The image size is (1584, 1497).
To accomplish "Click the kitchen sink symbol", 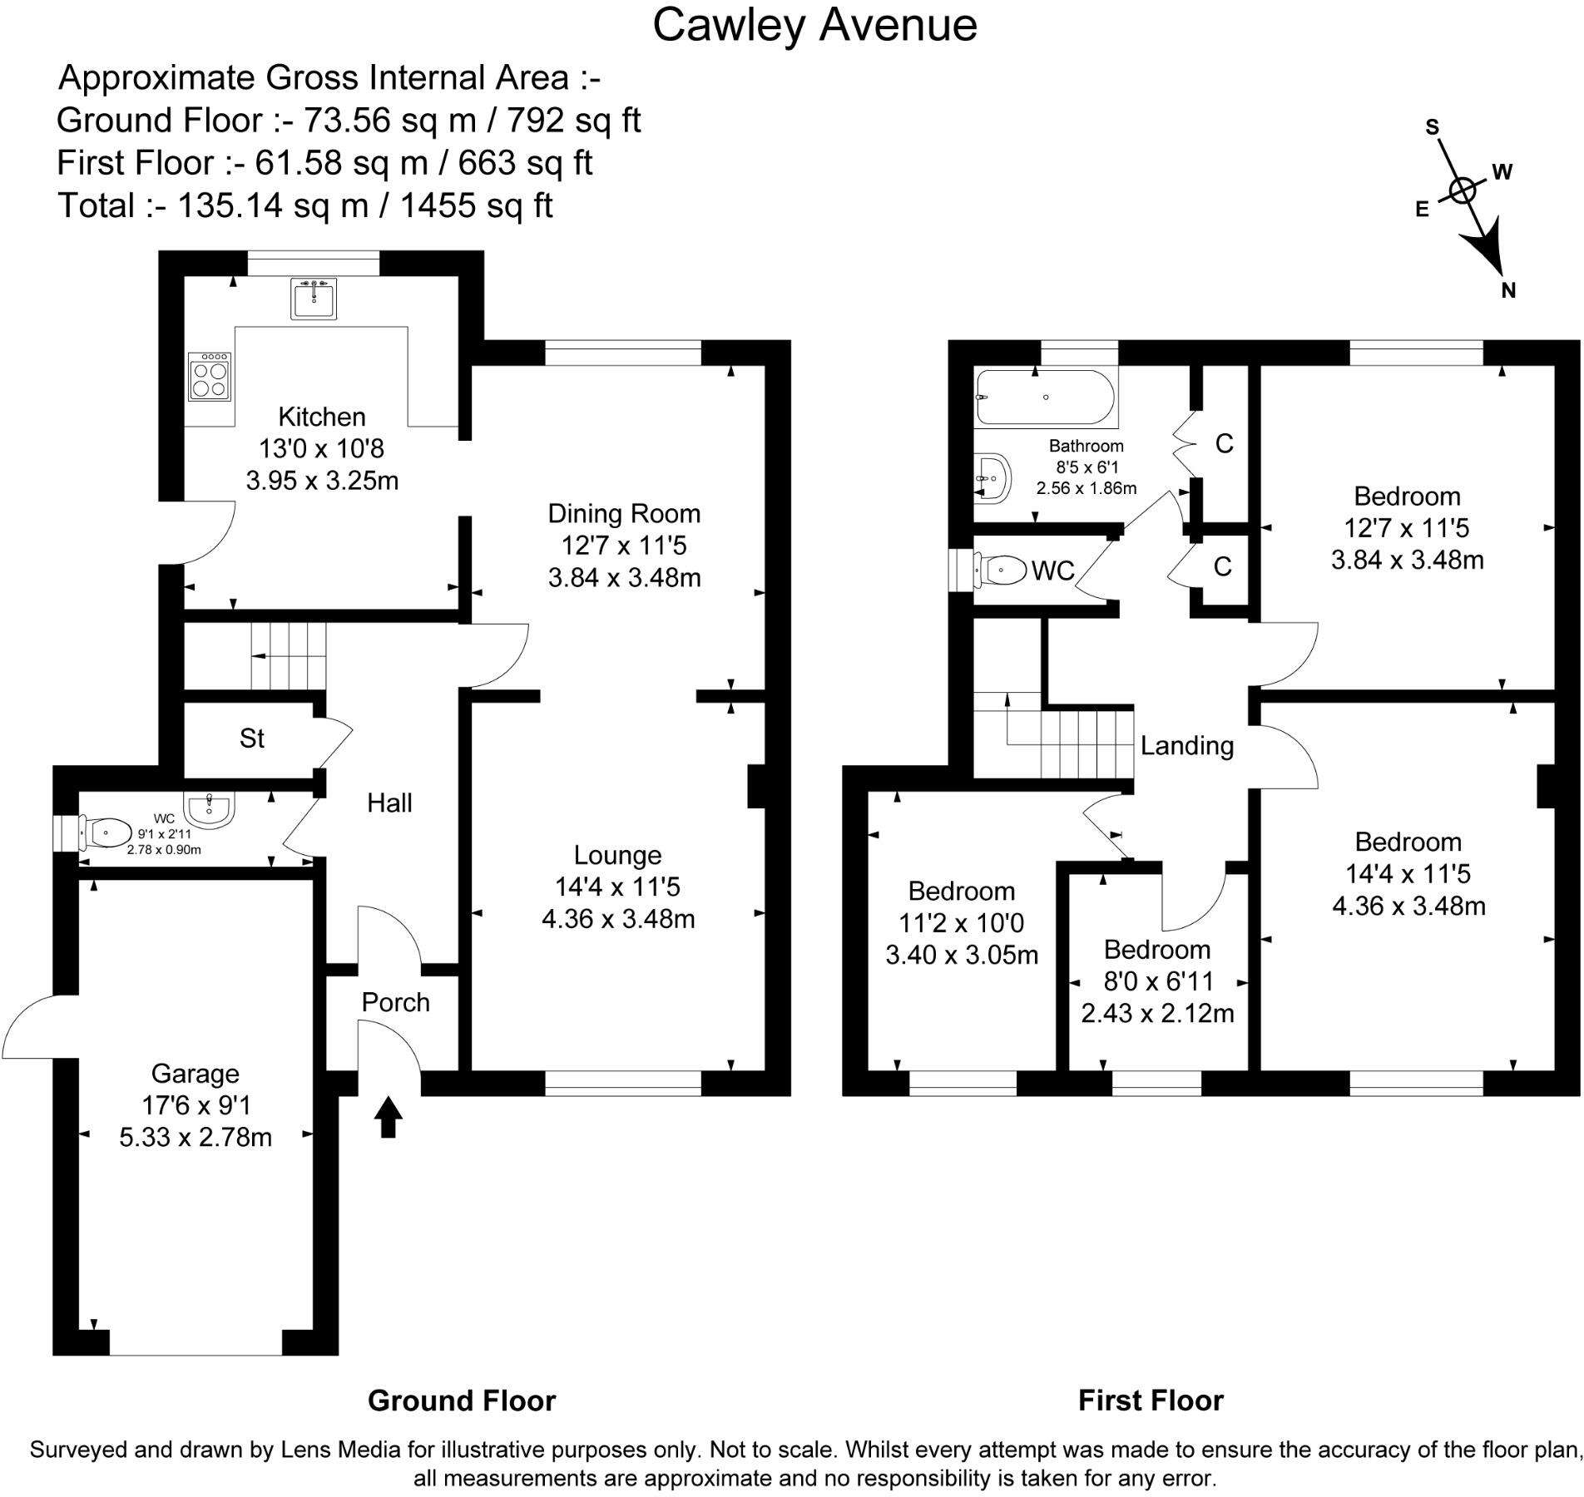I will (314, 298).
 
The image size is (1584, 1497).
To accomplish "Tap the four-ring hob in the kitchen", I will (210, 377).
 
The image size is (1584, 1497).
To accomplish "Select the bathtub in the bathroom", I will (1045, 397).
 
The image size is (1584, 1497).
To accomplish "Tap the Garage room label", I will (196, 1074).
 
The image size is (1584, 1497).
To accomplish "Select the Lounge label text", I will (618, 855).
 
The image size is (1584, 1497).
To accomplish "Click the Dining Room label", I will (624, 513).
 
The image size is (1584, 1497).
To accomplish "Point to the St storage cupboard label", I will (251, 738).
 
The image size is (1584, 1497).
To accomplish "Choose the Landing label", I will (1186, 745).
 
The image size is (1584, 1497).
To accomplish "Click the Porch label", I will (395, 1002).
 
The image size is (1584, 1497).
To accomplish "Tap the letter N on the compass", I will (1508, 290).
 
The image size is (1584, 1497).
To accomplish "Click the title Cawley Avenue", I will (814, 25).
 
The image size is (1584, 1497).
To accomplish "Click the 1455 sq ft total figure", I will (477, 205).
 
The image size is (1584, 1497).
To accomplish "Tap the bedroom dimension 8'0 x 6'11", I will (1158, 981).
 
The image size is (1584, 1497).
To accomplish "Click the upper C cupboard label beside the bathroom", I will (1224, 444).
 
